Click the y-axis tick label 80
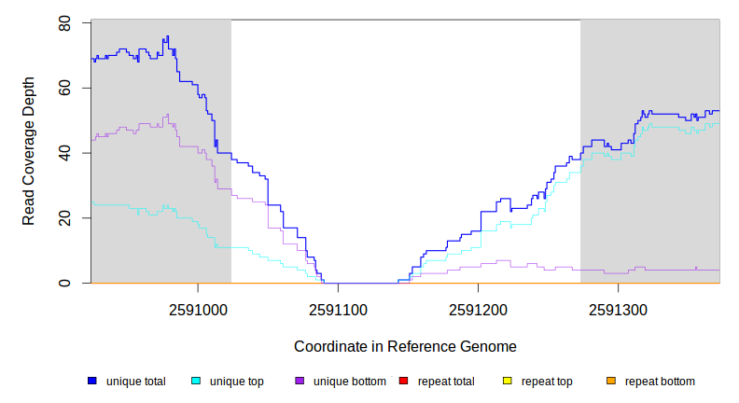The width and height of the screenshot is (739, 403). click(x=64, y=22)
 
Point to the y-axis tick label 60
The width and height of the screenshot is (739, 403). click(x=64, y=88)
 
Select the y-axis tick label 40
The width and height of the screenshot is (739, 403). click(x=64, y=153)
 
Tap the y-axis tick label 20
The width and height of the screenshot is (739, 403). click(x=64, y=217)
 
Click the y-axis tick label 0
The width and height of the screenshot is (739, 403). click(x=64, y=283)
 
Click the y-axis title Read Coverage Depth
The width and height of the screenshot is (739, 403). click(x=30, y=152)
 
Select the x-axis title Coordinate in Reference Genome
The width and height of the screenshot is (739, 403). click(x=405, y=347)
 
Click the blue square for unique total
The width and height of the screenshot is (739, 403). click(x=92, y=382)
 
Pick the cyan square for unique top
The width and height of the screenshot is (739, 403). click(x=196, y=382)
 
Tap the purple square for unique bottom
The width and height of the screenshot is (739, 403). click(x=300, y=382)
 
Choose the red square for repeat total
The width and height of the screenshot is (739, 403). click(x=403, y=382)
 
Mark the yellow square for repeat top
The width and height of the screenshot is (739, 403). click(x=507, y=382)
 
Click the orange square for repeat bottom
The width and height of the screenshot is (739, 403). click(x=610, y=382)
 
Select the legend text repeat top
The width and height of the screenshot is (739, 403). click(x=547, y=382)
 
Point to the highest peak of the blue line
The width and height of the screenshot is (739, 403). click(x=167, y=36)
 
